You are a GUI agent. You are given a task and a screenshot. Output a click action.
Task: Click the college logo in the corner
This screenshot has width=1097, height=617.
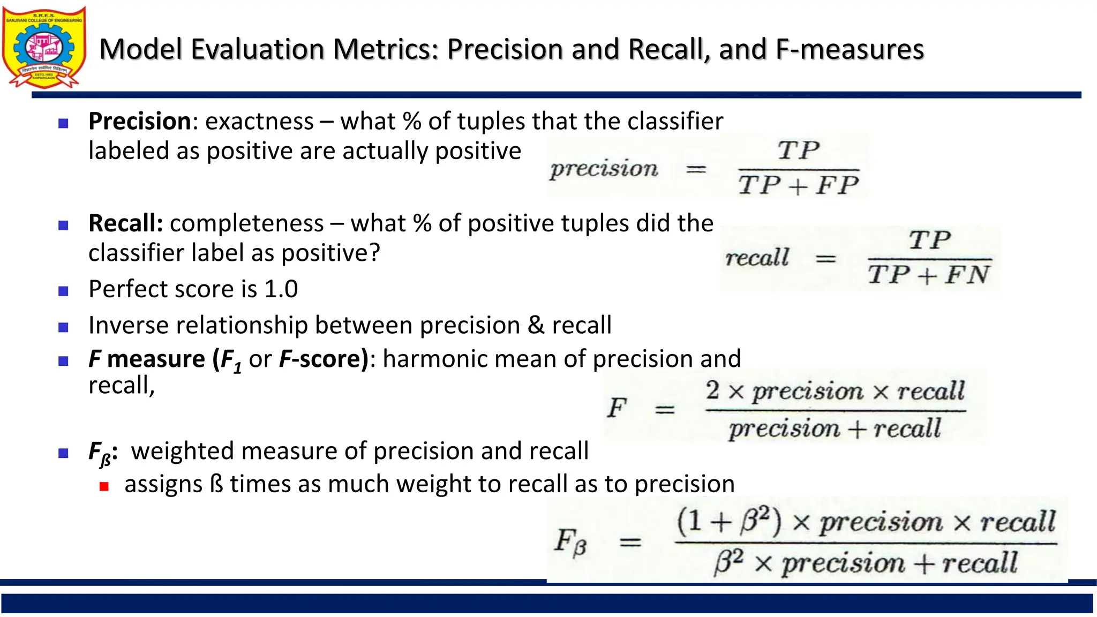pyautogui.click(x=44, y=47)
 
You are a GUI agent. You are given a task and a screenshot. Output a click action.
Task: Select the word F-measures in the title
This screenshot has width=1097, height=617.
pyautogui.click(x=850, y=49)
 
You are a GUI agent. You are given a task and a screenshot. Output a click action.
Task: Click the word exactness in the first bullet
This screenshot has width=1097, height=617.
pyautogui.click(x=259, y=122)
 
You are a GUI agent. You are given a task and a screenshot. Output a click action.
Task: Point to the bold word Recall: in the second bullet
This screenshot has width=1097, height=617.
pyautogui.click(x=126, y=223)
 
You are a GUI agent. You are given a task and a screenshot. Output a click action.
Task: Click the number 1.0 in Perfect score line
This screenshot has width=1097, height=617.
pyautogui.click(x=281, y=289)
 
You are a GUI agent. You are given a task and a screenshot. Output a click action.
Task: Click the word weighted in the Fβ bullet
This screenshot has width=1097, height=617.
pyautogui.click(x=182, y=451)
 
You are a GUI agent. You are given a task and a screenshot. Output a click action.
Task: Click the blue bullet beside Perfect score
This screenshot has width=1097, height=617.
pyautogui.click(x=63, y=291)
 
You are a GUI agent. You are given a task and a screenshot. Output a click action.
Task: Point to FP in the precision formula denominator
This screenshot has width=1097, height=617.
pyautogui.click(x=837, y=186)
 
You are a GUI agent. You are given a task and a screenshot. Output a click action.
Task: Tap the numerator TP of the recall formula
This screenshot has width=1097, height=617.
pyautogui.click(x=930, y=240)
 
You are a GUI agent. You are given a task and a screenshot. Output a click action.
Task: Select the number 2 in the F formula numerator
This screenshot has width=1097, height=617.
pyautogui.click(x=712, y=390)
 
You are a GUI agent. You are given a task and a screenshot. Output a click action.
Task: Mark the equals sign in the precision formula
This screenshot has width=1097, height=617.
pyautogui.click(x=696, y=170)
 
